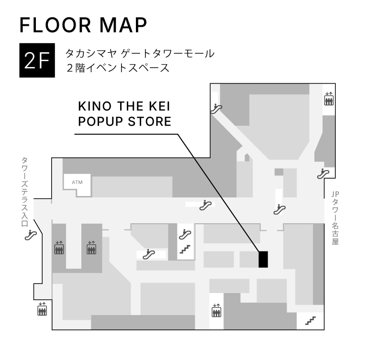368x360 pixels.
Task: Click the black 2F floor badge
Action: pos(37,60)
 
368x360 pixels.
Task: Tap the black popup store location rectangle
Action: pos(263,259)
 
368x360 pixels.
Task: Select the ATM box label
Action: pos(77,182)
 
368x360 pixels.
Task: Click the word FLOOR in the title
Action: pos(56,25)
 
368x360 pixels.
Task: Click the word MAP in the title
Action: pos(123,25)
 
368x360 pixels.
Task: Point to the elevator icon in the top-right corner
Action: pos(329,99)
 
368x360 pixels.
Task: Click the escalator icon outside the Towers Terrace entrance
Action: pos(31,235)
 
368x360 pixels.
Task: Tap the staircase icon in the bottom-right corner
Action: pos(310,321)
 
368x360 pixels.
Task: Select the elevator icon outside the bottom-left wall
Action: pos(42,309)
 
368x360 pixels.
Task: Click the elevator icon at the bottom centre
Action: pos(216,310)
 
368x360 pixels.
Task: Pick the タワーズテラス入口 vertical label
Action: pos(24,192)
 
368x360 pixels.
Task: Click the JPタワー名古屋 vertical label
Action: pos(335,218)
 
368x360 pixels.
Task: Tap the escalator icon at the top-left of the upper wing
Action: pos(216,109)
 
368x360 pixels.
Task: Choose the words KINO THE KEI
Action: pos(124,106)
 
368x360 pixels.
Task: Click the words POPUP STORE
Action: pos(124,121)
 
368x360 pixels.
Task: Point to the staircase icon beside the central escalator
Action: pos(185,249)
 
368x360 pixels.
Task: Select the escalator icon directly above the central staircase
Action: pos(185,234)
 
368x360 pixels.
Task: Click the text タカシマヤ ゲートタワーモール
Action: pos(140,54)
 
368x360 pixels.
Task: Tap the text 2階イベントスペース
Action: pos(118,68)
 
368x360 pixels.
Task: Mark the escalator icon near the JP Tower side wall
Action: pos(323,174)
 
